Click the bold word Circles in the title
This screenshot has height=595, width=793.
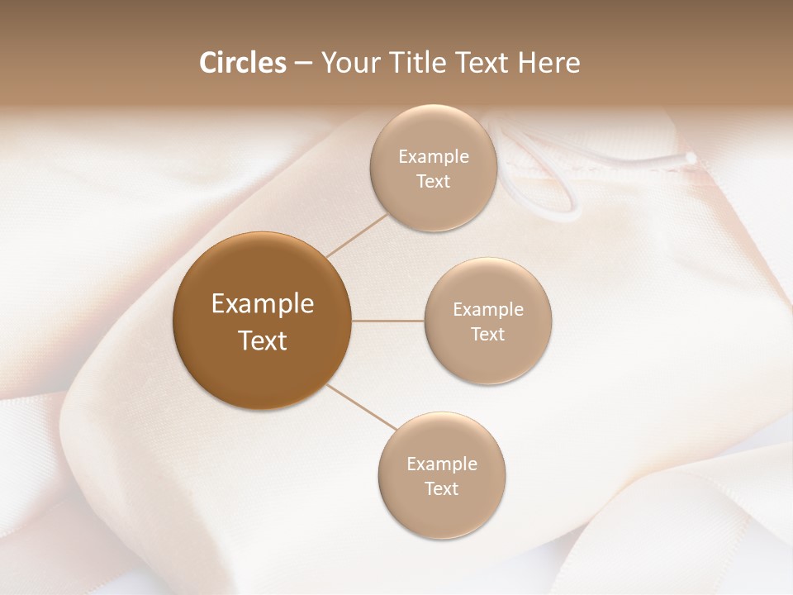click(x=242, y=63)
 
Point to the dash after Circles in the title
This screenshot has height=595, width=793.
click(x=303, y=64)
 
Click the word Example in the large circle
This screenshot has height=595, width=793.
click(x=263, y=304)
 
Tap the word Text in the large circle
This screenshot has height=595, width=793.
click(x=263, y=340)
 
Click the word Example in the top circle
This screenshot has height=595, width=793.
click(x=434, y=157)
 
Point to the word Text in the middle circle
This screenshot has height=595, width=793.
click(x=487, y=335)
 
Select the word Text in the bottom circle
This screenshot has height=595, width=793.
click(x=442, y=489)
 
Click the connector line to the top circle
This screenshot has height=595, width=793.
click(x=357, y=234)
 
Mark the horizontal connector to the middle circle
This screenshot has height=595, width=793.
click(x=388, y=320)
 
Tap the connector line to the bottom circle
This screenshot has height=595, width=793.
click(x=361, y=407)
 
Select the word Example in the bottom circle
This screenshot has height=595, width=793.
click(x=442, y=464)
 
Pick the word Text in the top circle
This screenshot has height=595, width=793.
click(x=433, y=182)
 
